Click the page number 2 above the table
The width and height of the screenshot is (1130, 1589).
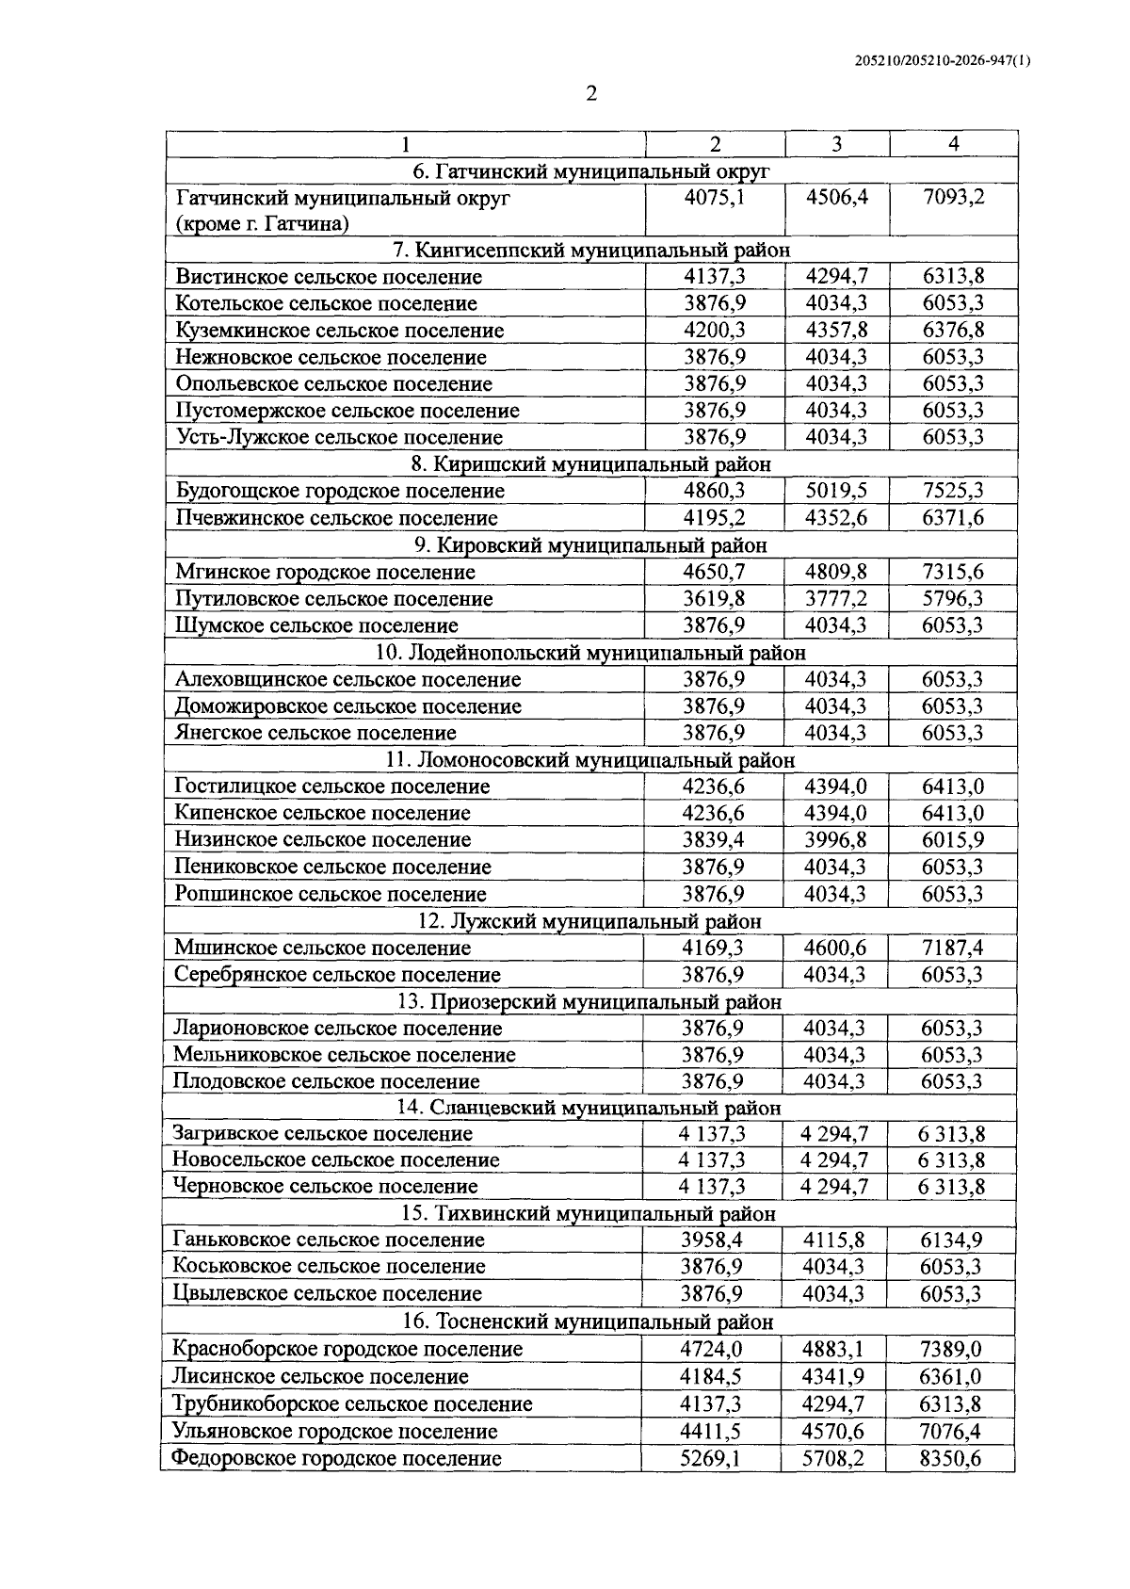[x=591, y=94]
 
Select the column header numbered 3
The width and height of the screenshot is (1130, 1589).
[x=836, y=144]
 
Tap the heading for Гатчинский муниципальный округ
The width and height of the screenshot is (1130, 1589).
[x=591, y=171]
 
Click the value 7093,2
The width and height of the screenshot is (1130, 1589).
[x=953, y=198]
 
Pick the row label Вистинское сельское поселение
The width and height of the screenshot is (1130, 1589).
[x=329, y=277]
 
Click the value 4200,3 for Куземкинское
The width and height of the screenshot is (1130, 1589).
[x=714, y=331]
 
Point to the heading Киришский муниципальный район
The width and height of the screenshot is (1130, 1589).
[x=591, y=464]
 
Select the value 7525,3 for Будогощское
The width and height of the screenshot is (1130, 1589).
[x=953, y=491]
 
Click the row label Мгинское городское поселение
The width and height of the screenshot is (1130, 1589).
[x=325, y=572]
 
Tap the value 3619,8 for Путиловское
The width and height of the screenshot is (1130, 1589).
[x=714, y=599]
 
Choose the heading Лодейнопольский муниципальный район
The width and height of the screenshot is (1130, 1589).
[x=591, y=653]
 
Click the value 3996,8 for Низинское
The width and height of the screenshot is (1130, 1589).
[x=835, y=840]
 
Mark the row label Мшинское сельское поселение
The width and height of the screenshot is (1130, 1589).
[x=322, y=948]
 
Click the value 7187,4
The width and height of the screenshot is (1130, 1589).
[x=952, y=948]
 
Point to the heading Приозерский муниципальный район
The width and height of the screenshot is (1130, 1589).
[x=590, y=1001]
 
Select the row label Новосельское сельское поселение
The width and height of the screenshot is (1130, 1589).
[x=335, y=1159]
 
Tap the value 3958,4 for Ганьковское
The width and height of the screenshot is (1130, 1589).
[x=712, y=1240]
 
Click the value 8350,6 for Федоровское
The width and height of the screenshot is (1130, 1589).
[x=950, y=1458]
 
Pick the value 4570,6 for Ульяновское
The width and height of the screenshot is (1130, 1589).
[x=833, y=1432]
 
